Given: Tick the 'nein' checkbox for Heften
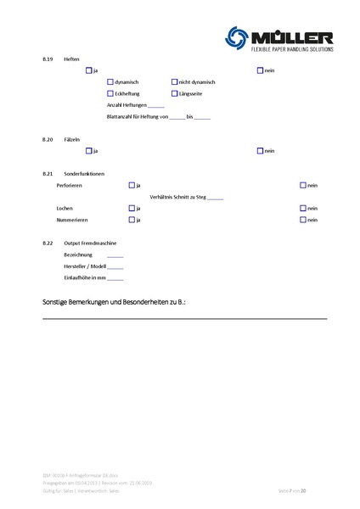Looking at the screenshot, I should tap(260, 70).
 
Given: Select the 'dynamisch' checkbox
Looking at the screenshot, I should tap(110, 81).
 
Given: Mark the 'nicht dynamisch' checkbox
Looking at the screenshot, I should tap(174, 81).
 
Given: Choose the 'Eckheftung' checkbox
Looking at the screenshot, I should tap(110, 92).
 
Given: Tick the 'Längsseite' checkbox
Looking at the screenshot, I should tap(174, 92).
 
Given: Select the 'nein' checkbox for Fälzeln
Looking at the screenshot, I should tap(260, 150).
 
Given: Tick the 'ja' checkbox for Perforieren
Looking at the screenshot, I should tap(132, 185).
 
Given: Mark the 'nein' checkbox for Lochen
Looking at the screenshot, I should tap(303, 208).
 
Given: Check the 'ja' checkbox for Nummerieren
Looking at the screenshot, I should tap(132, 220).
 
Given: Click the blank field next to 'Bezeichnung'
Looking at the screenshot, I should tap(115, 255).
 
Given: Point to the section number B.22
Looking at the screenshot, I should tap(48, 243).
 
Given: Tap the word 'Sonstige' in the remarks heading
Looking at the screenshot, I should tap(56, 301).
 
